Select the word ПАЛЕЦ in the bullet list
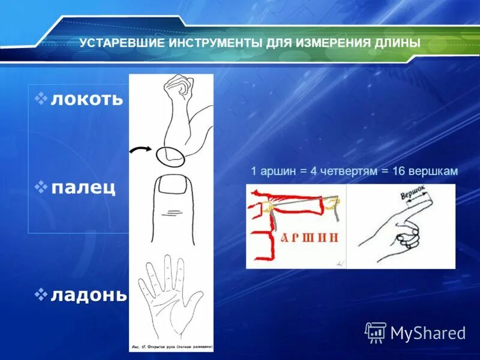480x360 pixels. pos(83,188)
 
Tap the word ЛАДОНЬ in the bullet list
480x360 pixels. pos(89,295)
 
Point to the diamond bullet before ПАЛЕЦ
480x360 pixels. pos(41,187)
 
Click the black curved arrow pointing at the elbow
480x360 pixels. pos(142,150)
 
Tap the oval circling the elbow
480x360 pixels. pos(171,155)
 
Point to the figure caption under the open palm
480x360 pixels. pos(170,347)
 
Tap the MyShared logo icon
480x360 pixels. pos(376,331)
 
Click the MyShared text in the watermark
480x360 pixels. pos(428,332)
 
